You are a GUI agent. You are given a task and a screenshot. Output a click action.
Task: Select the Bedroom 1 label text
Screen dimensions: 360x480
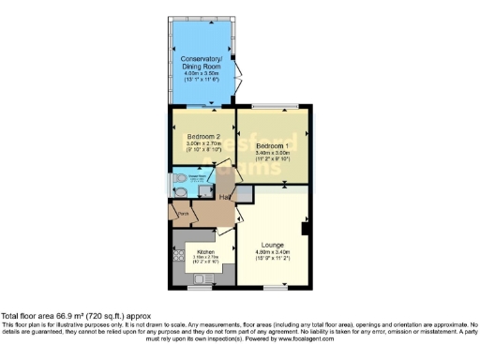tap(274, 147)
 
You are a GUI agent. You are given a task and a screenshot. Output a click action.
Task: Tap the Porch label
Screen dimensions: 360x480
tap(184, 215)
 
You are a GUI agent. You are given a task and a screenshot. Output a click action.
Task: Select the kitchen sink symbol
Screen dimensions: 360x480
tap(176, 255)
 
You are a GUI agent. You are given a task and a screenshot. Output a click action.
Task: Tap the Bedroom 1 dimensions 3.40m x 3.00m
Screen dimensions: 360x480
tap(274, 156)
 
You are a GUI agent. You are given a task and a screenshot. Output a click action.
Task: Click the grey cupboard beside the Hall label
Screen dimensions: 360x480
tap(242, 195)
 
